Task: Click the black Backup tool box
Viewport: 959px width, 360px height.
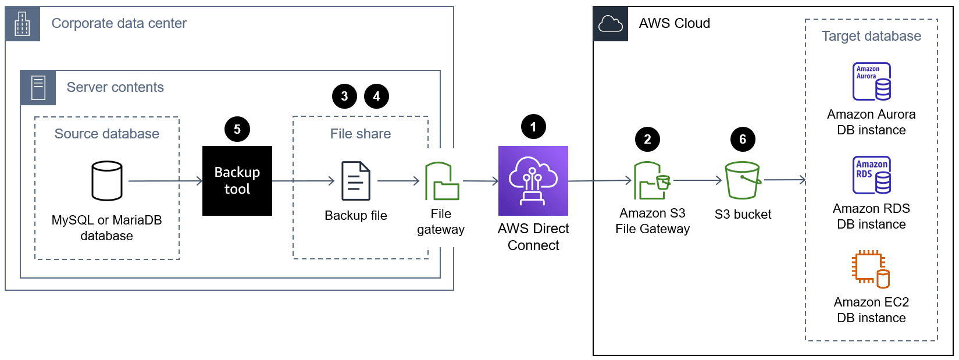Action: coord(237,181)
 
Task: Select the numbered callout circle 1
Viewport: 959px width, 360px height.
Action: coord(533,127)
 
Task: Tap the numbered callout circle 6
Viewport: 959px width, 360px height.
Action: coord(743,139)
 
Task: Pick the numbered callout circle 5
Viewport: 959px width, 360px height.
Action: coord(237,129)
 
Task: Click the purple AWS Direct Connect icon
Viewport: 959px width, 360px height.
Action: coord(533,181)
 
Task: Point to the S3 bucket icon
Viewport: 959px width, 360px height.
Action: coord(743,180)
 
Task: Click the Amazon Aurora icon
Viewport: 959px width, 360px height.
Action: coord(871,81)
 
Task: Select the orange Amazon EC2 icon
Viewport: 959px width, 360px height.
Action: coord(871,269)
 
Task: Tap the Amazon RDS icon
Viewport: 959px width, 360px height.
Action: coord(871,175)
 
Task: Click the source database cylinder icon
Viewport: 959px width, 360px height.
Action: coord(107,181)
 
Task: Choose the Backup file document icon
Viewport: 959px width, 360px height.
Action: coord(355,181)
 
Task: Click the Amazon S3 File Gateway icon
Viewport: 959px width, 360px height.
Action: coord(651,181)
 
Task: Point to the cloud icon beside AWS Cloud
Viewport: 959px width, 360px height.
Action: coord(610,24)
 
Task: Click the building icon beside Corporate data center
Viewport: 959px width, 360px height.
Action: coord(23,24)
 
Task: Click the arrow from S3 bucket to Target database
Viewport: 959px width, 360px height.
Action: coord(785,180)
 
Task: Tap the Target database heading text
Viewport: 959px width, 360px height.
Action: coord(871,36)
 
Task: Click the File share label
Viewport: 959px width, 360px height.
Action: coord(360,134)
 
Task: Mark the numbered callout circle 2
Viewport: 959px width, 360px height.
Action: coord(647,139)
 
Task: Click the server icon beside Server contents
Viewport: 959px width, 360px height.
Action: coord(38,88)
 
